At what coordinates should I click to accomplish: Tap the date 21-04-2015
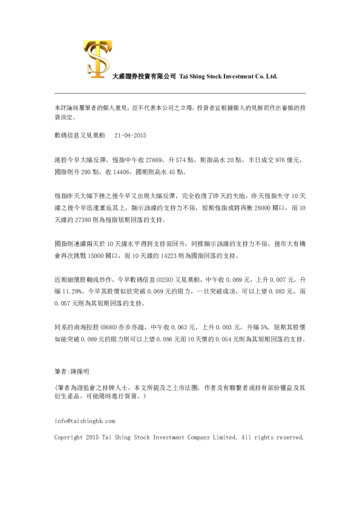coord(131,135)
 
